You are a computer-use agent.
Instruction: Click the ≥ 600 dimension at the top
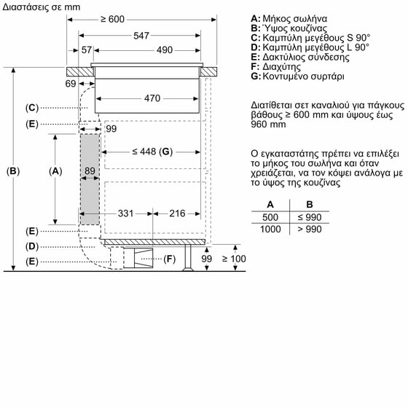[112, 19]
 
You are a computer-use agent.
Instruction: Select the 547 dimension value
[141, 36]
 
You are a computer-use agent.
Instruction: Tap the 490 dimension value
[165, 50]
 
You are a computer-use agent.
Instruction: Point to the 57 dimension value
[87, 50]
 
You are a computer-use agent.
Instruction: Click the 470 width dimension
[152, 98]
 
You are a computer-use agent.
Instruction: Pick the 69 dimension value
[71, 84]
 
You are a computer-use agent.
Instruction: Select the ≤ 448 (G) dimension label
[152, 152]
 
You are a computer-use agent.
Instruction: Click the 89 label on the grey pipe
[90, 171]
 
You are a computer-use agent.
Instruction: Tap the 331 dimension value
[125, 213]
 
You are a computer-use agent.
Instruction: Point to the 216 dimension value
[177, 213]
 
